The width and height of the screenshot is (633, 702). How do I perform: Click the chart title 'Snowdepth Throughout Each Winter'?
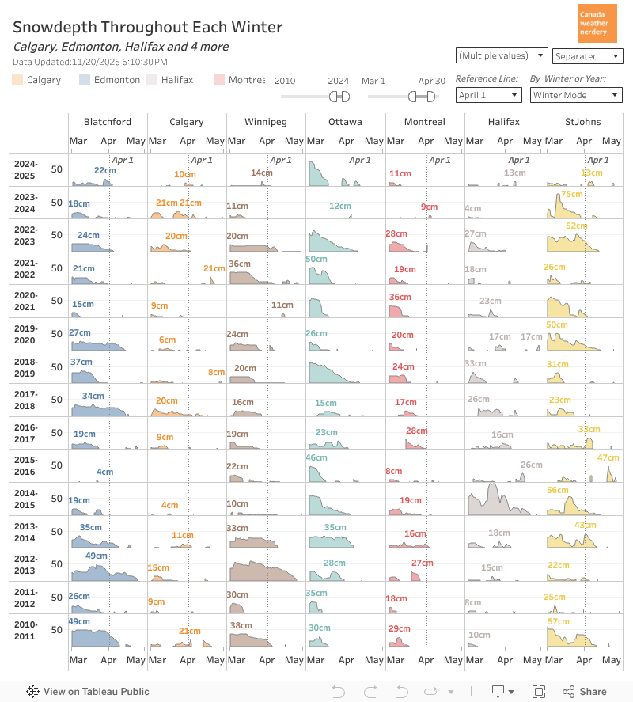pyautogui.click(x=148, y=28)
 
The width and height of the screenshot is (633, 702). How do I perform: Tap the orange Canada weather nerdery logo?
pyautogui.click(x=597, y=23)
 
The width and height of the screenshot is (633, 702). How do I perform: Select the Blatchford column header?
pyautogui.click(x=108, y=122)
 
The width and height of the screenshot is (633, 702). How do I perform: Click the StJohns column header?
pyautogui.click(x=582, y=122)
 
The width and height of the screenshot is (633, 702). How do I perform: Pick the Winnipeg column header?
pyautogui.click(x=266, y=122)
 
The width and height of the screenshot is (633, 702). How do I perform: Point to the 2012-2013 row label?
pyautogui.click(x=25, y=565)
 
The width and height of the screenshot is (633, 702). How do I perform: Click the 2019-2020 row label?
pyautogui.click(x=25, y=334)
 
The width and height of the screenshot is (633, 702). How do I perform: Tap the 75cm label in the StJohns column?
pyautogui.click(x=571, y=195)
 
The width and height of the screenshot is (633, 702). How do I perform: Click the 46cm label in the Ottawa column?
pyautogui.click(x=316, y=458)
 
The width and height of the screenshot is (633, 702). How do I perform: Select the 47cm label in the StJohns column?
pyautogui.click(x=608, y=458)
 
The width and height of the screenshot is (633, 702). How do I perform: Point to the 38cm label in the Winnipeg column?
pyautogui.click(x=241, y=625)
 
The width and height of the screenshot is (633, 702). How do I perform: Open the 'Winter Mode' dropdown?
pyautogui.click(x=576, y=95)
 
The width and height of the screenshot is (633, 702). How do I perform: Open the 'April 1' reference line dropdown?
pyautogui.click(x=488, y=95)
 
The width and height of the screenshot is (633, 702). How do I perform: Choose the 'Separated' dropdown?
pyautogui.click(x=587, y=56)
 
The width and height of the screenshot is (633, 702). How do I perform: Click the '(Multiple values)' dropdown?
pyautogui.click(x=502, y=55)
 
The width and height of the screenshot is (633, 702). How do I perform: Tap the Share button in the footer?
pyautogui.click(x=585, y=692)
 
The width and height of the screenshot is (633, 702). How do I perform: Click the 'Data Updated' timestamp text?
pyautogui.click(x=90, y=62)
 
